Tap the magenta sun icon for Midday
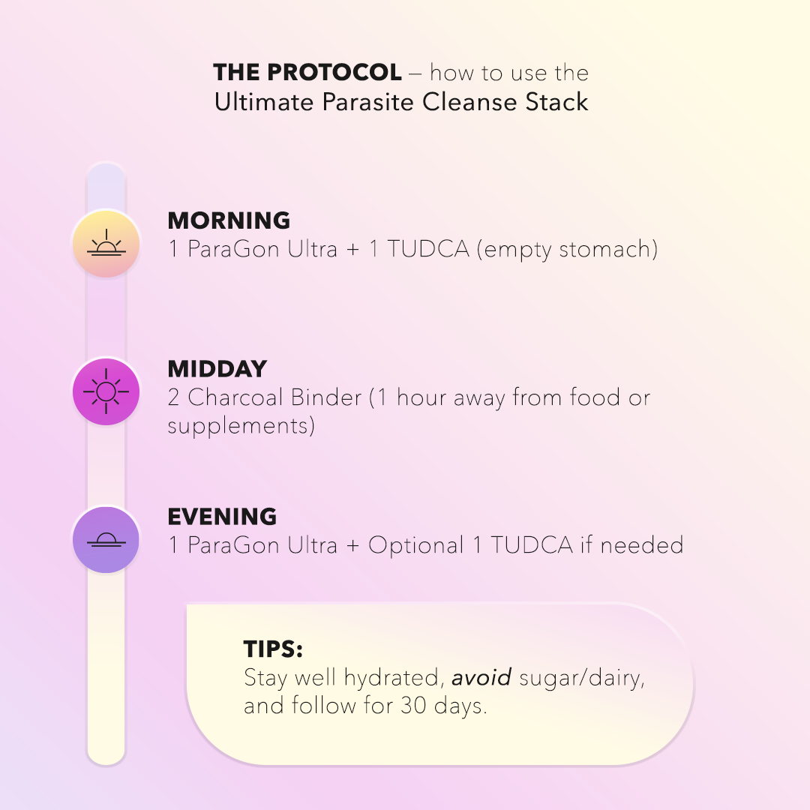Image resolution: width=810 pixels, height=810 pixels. (x=106, y=391)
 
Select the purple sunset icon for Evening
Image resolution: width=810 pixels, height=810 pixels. (x=106, y=540)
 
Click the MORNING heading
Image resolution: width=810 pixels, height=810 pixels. (x=229, y=220)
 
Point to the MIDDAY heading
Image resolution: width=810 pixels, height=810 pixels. (x=217, y=369)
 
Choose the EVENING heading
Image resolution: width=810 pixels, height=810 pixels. (x=222, y=517)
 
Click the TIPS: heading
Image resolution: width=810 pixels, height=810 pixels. (x=273, y=649)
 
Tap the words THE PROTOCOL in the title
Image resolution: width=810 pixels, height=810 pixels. (x=307, y=73)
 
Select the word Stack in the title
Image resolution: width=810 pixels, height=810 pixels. (x=556, y=101)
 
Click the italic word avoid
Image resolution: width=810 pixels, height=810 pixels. (x=481, y=678)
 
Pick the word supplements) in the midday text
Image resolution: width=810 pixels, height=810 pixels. (x=241, y=426)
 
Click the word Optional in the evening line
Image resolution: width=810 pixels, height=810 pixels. (x=415, y=545)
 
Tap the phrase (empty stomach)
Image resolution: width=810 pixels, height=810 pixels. (x=567, y=249)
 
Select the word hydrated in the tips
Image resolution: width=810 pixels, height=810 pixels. (x=393, y=678)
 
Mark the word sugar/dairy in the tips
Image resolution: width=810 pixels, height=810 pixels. (x=582, y=678)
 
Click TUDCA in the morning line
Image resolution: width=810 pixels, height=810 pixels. (x=428, y=249)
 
